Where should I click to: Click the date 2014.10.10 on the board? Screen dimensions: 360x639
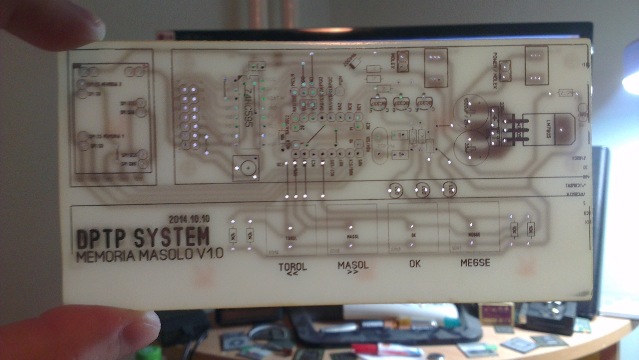pos(189,219)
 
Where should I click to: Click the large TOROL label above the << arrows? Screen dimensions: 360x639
pos(293,267)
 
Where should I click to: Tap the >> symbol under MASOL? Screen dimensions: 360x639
pos(353,273)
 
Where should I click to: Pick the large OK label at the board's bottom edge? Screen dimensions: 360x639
pos(414,264)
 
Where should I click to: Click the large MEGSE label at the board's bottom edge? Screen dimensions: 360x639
pos(475,263)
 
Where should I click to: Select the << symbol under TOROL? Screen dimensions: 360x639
pos(293,274)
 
